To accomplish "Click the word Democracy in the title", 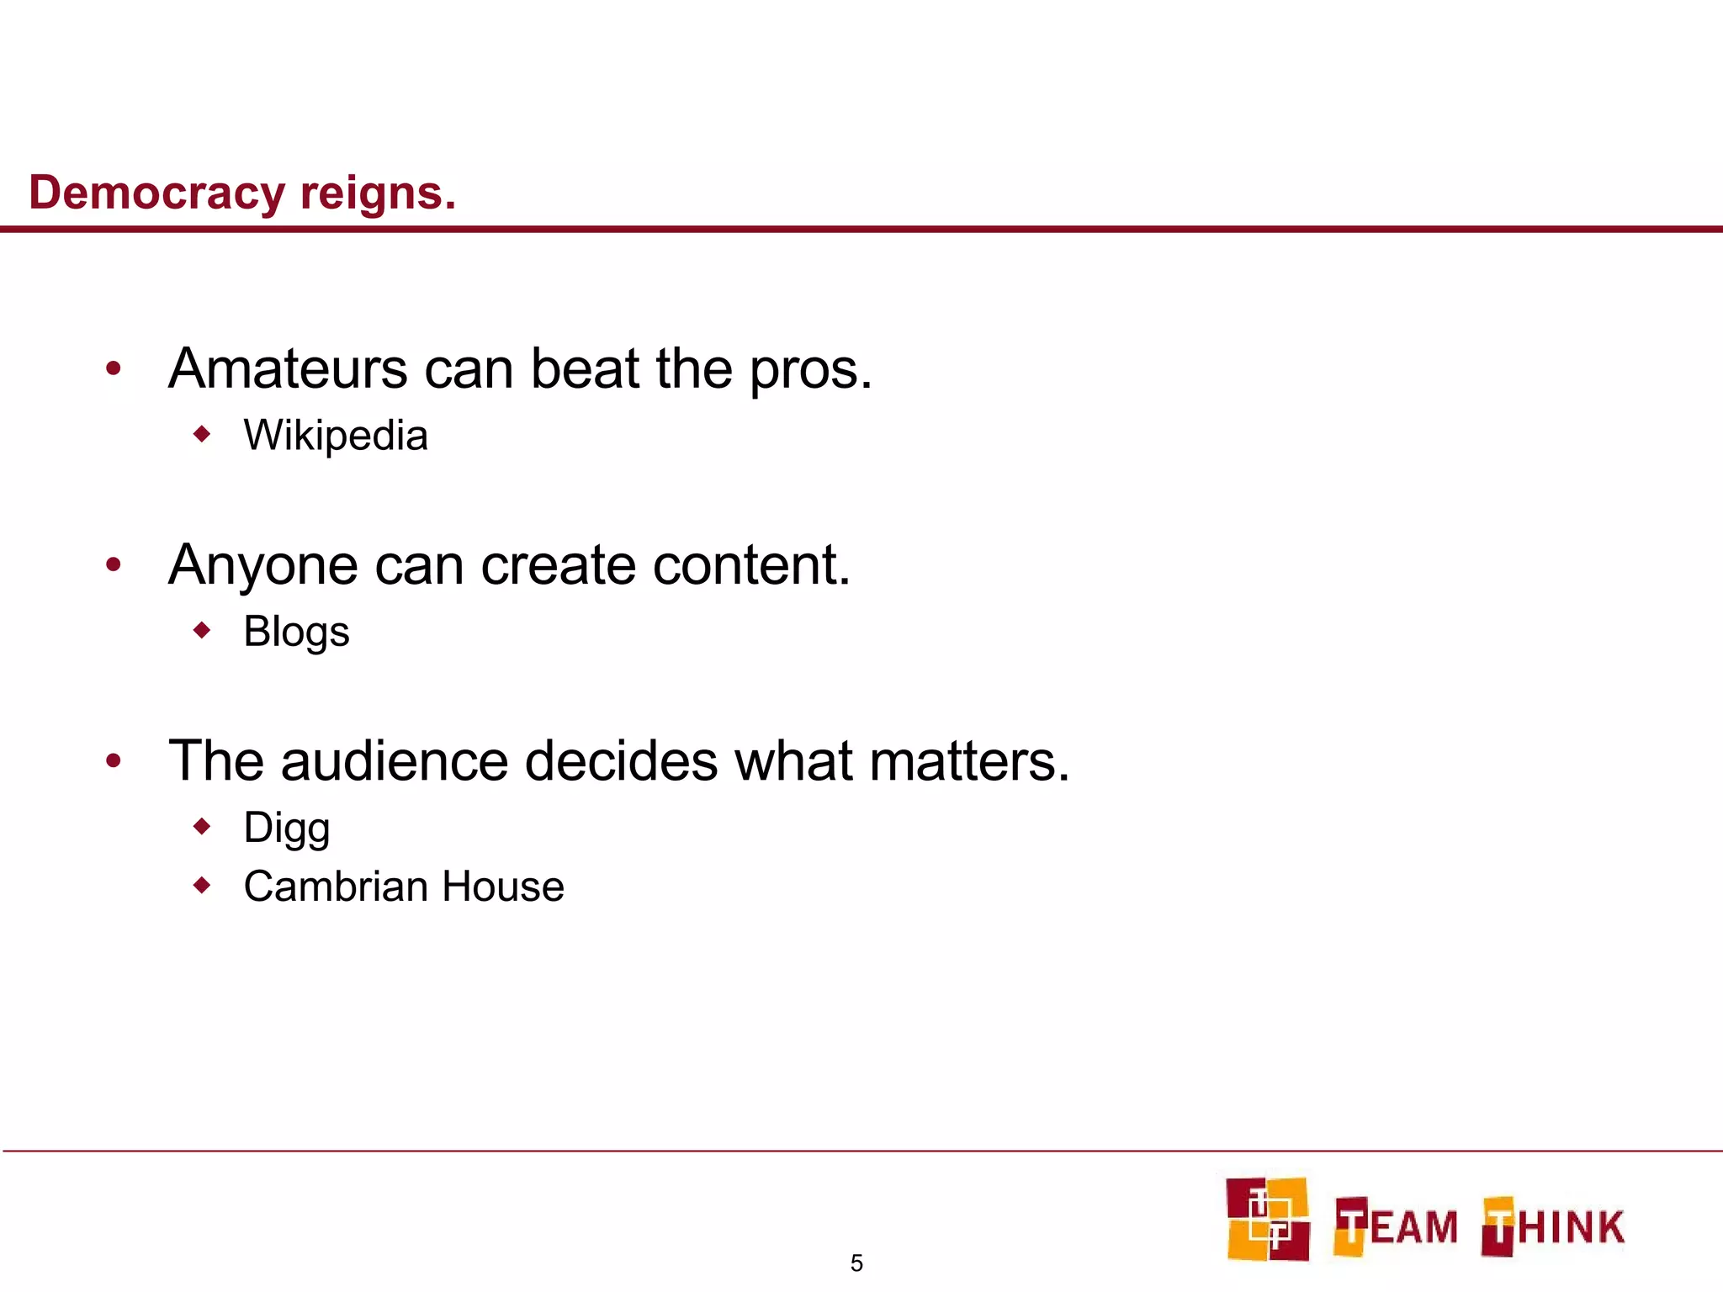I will (x=157, y=193).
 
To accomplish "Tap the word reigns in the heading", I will (x=378, y=193).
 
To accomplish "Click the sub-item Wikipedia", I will (x=336, y=436).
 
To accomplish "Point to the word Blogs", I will (x=296, y=632).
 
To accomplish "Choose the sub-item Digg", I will (x=287, y=828).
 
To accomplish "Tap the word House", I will (x=503, y=887).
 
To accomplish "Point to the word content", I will (x=751, y=564).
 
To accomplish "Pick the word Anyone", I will (x=263, y=566).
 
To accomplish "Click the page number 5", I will (x=856, y=1263).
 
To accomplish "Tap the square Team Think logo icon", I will (x=1268, y=1219).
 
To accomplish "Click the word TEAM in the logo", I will (x=1396, y=1226).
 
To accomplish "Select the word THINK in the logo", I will (x=1554, y=1226).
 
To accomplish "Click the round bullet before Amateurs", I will (x=114, y=368).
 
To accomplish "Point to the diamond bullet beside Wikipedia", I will (x=202, y=434).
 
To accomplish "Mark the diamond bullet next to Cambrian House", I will (x=202, y=885).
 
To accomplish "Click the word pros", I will (x=810, y=370).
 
